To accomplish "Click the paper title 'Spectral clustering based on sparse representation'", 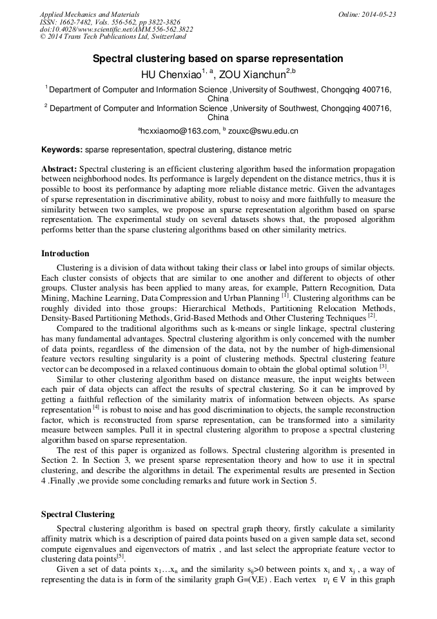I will (218, 59).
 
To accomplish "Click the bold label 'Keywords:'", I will (62, 150).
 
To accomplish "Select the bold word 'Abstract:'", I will (59, 168).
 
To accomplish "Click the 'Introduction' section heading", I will (65, 253).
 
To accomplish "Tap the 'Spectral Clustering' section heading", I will (78, 514).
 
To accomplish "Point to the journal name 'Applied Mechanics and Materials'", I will (89, 14).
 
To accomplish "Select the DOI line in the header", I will (116, 30).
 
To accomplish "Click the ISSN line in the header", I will (110, 22).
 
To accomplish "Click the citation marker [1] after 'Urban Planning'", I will (284, 295).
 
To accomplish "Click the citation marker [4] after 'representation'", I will (96, 407).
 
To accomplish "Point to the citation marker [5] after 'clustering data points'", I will (121, 555).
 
